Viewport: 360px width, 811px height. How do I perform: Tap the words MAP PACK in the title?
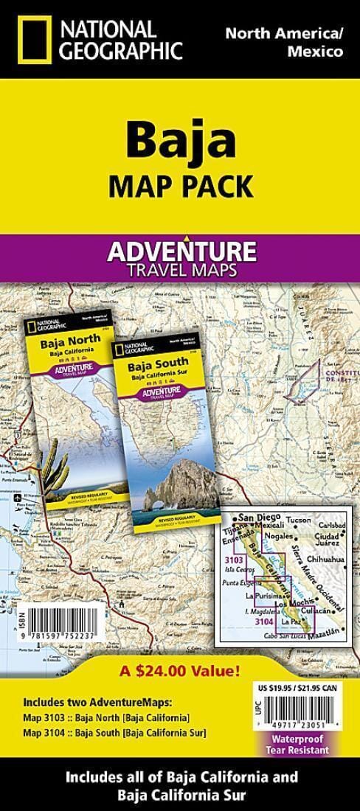pyautogui.click(x=180, y=185)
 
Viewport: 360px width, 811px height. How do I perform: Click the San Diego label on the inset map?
pyautogui.click(x=255, y=516)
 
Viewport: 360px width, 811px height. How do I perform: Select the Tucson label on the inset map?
pyautogui.click(x=300, y=518)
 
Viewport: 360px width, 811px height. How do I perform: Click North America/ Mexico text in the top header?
pyautogui.click(x=284, y=42)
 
